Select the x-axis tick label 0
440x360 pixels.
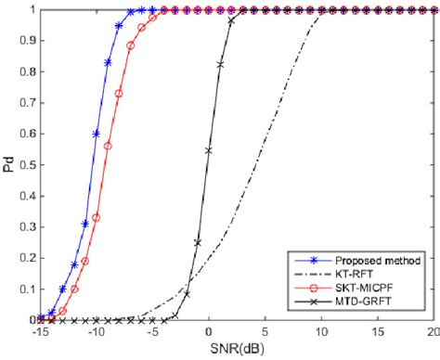(209, 331)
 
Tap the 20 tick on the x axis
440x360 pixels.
(430, 331)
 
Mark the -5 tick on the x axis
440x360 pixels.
(151, 331)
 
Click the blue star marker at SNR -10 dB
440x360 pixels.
(97, 134)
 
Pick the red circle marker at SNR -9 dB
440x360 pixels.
(108, 146)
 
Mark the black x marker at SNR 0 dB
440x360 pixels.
(209, 150)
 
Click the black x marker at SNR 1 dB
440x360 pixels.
(220, 64)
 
